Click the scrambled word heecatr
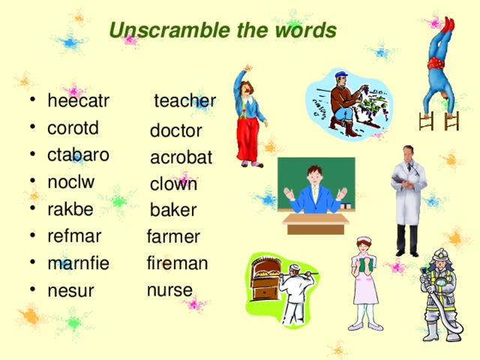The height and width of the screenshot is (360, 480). (x=78, y=101)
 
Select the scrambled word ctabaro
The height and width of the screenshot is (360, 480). (x=78, y=154)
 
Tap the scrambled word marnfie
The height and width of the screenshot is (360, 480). (x=78, y=263)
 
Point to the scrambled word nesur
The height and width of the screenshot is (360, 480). (x=70, y=290)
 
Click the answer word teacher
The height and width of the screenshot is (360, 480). (x=184, y=100)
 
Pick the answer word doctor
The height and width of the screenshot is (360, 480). (x=175, y=131)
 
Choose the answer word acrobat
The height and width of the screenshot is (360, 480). (x=181, y=157)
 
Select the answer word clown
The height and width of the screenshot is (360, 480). (x=173, y=184)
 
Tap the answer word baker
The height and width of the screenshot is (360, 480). (x=172, y=210)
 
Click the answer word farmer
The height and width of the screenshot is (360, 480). (x=173, y=237)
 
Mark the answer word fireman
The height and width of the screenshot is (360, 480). (x=178, y=263)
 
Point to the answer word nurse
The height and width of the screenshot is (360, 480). (x=169, y=289)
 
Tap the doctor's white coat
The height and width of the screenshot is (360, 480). (x=409, y=195)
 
